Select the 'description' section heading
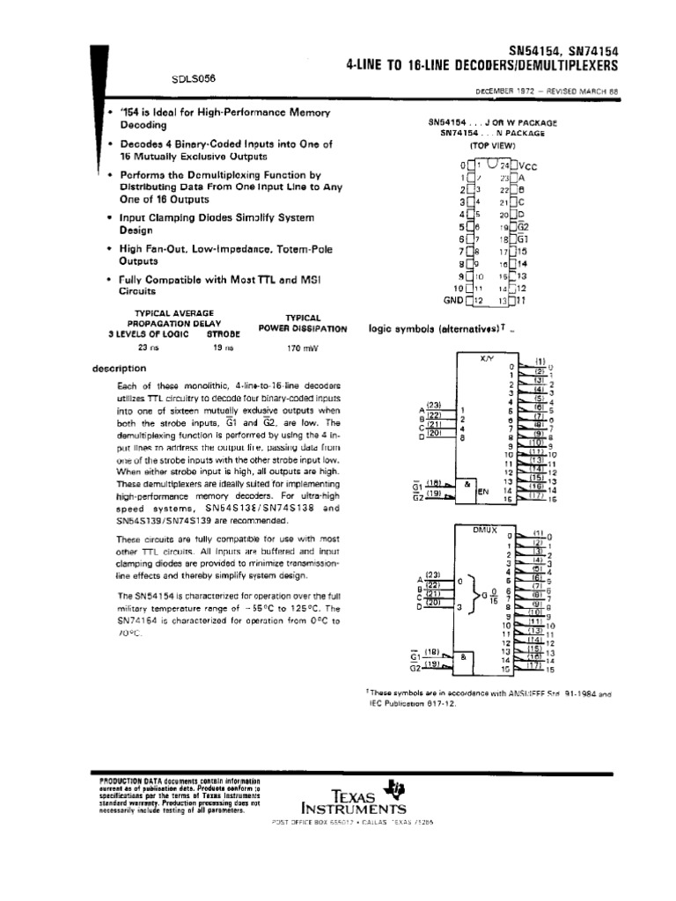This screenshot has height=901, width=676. coord(119,369)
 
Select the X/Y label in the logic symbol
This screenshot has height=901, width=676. coord(487,359)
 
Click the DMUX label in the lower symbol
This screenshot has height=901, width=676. coord(486,530)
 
